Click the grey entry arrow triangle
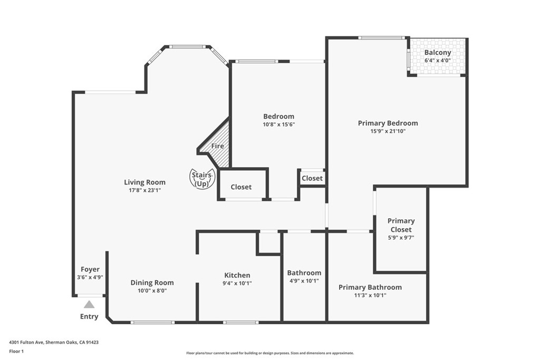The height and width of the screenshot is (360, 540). [89, 304]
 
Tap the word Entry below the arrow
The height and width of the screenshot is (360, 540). [89, 317]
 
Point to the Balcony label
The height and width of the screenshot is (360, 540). [438, 52]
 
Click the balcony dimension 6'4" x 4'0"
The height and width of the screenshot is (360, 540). [438, 61]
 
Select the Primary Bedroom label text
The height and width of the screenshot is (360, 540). [388, 123]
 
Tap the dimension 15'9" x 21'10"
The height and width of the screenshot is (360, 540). [388, 131]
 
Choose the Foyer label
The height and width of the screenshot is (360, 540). [90, 269]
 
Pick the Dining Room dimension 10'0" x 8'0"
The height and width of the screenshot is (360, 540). [152, 290]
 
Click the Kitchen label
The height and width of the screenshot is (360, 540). [237, 275]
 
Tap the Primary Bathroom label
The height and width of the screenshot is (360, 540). [370, 287]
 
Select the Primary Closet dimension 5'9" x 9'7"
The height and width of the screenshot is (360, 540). [401, 238]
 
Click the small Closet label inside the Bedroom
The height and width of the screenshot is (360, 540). [312, 178]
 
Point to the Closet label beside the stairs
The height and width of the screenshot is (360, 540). [241, 187]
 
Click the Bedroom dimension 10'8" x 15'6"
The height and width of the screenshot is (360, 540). [278, 125]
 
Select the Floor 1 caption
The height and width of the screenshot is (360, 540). [16, 351]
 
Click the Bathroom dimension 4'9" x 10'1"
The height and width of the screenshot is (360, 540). [304, 280]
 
